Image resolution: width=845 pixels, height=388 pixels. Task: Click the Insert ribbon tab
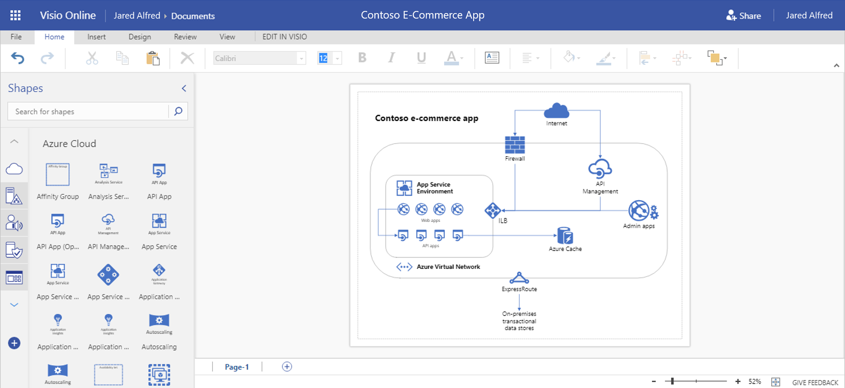96,37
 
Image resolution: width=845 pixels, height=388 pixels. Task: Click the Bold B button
362,57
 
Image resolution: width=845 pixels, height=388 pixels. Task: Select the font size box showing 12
324,58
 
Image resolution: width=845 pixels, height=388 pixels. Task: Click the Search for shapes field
89,111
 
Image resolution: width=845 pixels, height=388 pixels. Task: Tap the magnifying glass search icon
178,111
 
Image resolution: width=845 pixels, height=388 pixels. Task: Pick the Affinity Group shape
57,175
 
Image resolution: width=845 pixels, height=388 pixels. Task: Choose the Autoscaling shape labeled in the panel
159,321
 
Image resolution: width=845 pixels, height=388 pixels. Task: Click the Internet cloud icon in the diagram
556,111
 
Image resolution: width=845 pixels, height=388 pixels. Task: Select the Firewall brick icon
515,145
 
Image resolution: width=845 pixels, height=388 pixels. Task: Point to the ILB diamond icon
493,210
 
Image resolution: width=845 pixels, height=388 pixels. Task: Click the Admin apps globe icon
639,211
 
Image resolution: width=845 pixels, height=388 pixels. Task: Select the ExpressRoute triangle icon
519,278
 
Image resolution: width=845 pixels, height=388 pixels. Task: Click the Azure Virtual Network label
448,267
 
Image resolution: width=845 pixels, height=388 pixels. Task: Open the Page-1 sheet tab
237,367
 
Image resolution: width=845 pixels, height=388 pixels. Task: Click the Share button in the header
744,16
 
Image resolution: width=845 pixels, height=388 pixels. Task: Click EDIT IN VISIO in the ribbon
284,37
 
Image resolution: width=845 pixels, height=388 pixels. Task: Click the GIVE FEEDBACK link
815,383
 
